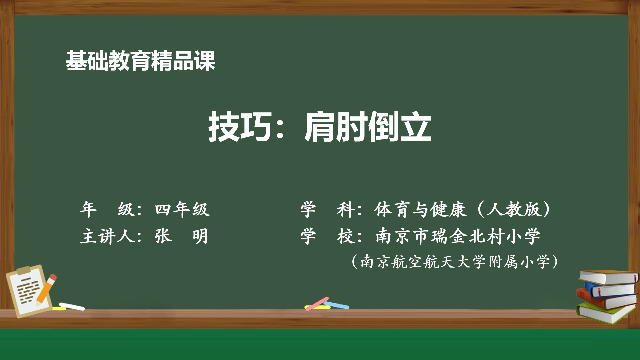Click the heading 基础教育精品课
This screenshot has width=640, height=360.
[140, 61]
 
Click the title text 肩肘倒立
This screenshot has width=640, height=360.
[368, 127]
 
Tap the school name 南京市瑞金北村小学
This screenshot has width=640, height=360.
[458, 236]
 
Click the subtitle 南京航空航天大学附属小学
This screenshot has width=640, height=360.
[455, 262]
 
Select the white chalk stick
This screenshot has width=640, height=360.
[72, 306]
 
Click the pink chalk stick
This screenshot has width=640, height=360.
[317, 303]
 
